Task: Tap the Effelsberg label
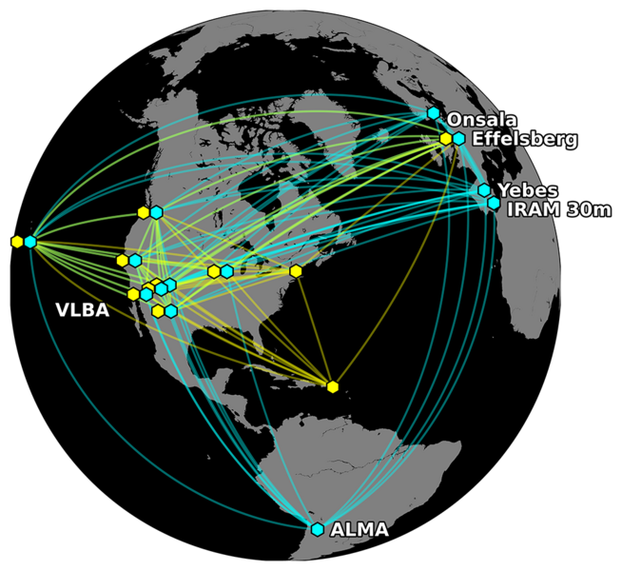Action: point(524,139)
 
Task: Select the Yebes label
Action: point(527,189)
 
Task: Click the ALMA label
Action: point(359,530)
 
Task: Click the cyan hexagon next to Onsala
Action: point(434,113)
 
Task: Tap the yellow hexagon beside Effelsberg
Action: point(446,139)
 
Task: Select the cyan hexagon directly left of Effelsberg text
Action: point(459,139)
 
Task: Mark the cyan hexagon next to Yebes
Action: point(484,190)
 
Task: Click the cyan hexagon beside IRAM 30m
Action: point(494,203)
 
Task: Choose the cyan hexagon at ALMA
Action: point(318,529)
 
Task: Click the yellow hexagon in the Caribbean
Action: point(332,386)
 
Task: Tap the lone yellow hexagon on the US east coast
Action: point(296,271)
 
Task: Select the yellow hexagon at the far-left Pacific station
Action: point(17,242)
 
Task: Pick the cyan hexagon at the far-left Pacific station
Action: point(30,242)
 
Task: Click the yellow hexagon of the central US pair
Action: point(214,271)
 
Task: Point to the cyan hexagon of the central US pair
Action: point(227,271)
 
